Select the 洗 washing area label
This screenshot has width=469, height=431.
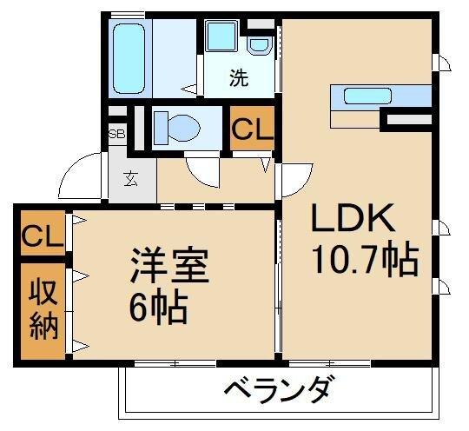(239, 78)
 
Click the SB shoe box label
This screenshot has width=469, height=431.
(116, 135)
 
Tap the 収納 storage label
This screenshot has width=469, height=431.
(42, 308)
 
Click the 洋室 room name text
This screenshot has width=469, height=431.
(170, 266)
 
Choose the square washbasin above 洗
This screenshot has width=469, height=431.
(220, 39)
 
